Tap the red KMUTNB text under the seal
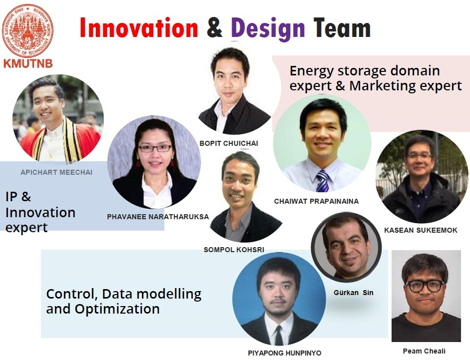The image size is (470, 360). [x=28, y=63]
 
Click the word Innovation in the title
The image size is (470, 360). [x=139, y=28]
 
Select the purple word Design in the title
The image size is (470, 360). [x=268, y=29]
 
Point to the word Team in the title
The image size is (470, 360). [x=342, y=28]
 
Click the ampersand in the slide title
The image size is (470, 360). [x=215, y=28]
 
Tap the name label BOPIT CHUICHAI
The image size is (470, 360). [x=229, y=143]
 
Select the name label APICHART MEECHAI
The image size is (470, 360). [x=56, y=172]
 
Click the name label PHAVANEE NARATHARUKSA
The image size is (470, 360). [x=158, y=217]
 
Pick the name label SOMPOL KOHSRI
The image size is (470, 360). [x=234, y=250]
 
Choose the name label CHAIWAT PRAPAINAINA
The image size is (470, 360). [x=316, y=201]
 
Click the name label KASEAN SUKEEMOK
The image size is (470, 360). [x=421, y=230]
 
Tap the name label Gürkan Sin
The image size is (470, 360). [x=354, y=293]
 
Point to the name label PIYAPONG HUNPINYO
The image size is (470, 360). [x=285, y=353]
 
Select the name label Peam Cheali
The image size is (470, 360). [x=424, y=351]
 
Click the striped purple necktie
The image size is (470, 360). [x=322, y=180]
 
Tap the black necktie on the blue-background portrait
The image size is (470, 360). [x=279, y=335]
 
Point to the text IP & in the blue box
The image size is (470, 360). [x=18, y=197]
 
